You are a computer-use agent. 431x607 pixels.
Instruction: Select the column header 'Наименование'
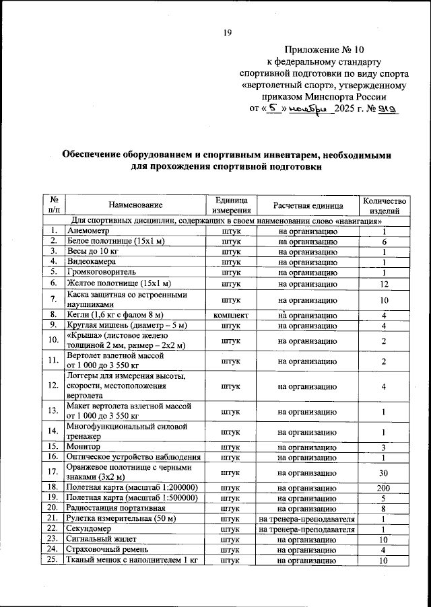tap(135, 205)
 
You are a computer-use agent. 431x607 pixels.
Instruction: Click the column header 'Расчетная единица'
tap(308, 205)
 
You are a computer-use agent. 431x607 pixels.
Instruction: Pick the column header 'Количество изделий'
tap(385, 205)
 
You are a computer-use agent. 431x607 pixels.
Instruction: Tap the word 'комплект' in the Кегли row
tap(231, 314)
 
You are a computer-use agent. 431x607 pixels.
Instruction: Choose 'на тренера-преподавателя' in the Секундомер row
tap(306, 529)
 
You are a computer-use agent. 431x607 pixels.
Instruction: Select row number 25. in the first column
tap(53, 561)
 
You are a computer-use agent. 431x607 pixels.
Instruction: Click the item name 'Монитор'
tap(84, 447)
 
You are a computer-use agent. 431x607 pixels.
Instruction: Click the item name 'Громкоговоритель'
tap(102, 272)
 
